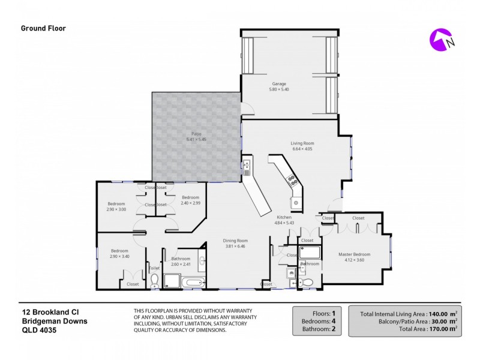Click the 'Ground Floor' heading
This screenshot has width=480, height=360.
43,28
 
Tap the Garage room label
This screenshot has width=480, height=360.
279,84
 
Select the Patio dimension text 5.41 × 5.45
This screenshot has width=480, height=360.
196,139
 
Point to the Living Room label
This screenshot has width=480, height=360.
302,143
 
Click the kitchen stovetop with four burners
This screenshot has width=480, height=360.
292,178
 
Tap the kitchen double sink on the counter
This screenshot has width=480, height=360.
247,165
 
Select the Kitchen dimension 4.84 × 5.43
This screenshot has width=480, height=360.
284,223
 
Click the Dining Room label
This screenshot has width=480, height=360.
236,241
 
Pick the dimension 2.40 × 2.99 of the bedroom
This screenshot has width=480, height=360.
190,203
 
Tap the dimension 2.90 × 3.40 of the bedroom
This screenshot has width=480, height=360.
119,256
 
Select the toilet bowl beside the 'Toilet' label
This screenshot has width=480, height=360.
154,280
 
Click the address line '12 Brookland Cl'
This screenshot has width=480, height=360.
48,311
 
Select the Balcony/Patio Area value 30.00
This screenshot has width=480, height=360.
440,321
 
